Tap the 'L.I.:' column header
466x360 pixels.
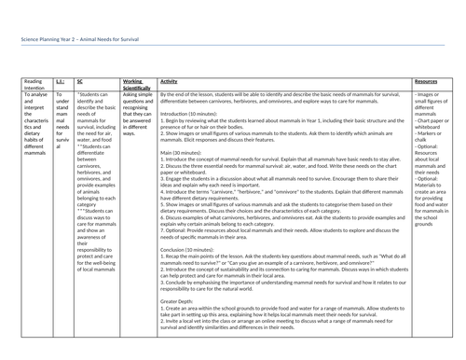pyautogui.click(x=60, y=81)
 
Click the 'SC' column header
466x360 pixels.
pyautogui.click(x=79, y=81)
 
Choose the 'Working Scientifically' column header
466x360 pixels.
pyautogui.click(x=139, y=85)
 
